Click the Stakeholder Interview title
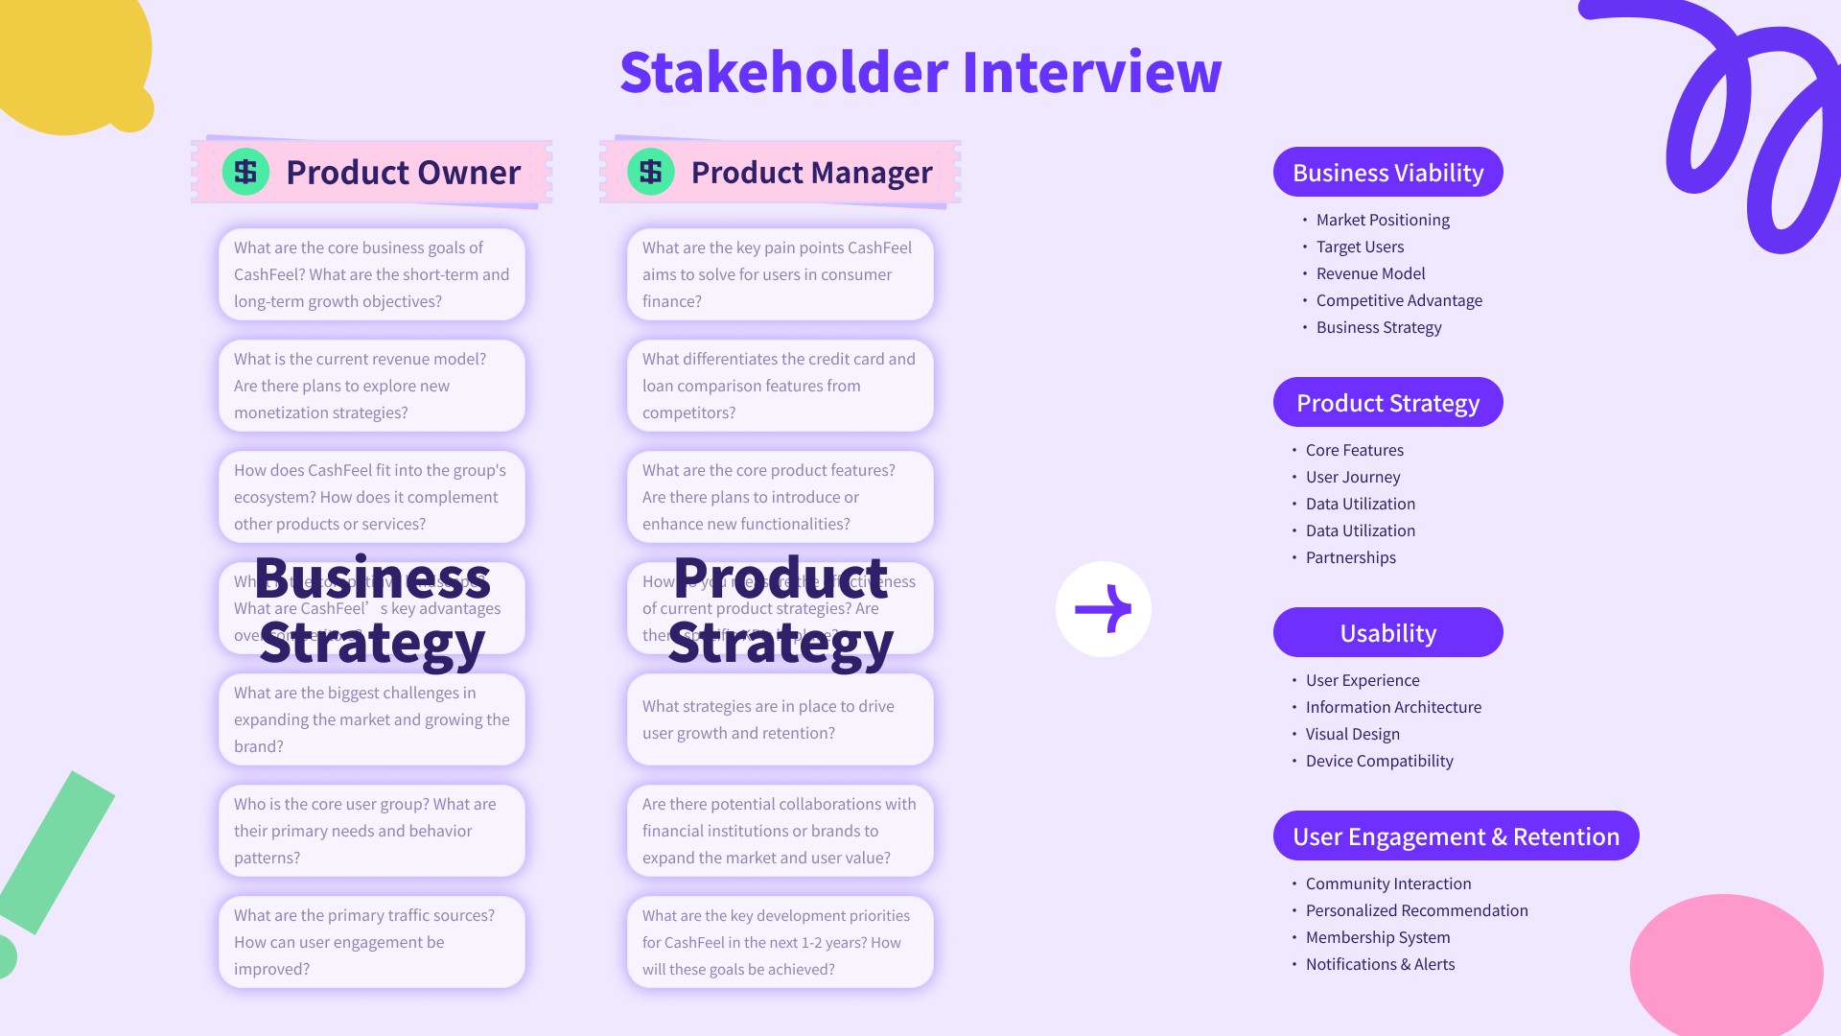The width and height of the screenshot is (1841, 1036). tap(920, 72)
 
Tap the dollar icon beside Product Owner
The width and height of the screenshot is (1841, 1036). tap(245, 172)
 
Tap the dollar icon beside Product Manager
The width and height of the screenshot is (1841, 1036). tap(650, 172)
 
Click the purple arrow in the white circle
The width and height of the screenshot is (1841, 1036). tap(1103, 609)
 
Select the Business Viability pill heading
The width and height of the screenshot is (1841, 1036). tap(1387, 173)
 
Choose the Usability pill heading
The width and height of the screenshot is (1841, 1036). tap(1387, 633)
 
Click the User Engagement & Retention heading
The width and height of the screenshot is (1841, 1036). tap(1456, 836)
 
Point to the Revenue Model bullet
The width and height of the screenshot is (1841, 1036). tap(1370, 273)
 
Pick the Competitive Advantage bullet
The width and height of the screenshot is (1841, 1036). tap(1399, 300)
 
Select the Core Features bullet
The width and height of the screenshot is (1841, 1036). tap(1354, 450)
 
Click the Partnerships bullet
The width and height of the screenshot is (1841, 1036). tap(1350, 557)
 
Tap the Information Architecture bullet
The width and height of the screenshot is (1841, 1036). tap(1393, 707)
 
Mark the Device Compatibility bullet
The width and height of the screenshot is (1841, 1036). tap(1379, 761)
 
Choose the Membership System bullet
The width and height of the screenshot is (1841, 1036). tap(1378, 937)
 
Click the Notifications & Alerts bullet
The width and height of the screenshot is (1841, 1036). tap(1380, 964)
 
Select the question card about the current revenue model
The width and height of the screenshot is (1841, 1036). tap(372, 386)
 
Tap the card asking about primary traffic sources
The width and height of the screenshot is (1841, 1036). tap(372, 942)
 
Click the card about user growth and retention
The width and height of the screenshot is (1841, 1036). tap(780, 719)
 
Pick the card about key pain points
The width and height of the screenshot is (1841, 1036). tap(780, 274)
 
